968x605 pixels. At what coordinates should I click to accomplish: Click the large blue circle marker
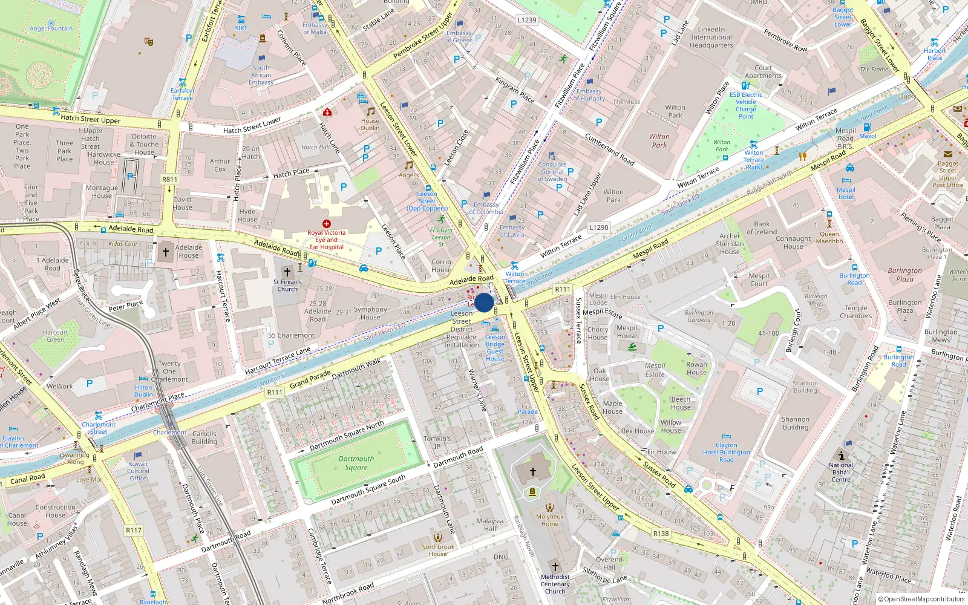(x=484, y=302)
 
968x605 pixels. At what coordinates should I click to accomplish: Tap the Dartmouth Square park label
(x=356, y=463)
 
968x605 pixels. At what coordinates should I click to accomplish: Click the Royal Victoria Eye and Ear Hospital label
(x=326, y=240)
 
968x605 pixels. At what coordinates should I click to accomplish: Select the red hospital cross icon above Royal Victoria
(x=327, y=224)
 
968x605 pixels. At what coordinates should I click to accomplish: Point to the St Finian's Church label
(x=287, y=286)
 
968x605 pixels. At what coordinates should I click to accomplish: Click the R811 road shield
(x=170, y=179)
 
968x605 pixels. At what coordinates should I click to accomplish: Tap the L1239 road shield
(x=527, y=20)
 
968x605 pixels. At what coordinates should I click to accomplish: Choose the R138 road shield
(x=661, y=534)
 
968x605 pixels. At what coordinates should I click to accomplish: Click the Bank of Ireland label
(x=762, y=228)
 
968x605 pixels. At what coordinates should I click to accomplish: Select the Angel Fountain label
(x=51, y=28)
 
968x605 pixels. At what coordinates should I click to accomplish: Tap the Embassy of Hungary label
(x=589, y=95)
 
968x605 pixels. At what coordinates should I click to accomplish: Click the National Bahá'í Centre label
(x=841, y=473)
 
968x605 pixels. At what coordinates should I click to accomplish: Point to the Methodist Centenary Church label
(x=555, y=584)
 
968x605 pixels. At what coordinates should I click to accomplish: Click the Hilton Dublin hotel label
(x=143, y=391)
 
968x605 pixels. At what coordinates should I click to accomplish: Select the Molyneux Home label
(x=549, y=520)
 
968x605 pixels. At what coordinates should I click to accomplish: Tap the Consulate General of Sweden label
(x=552, y=172)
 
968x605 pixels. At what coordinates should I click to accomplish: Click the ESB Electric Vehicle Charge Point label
(x=745, y=105)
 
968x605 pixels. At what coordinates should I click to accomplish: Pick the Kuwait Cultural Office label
(x=138, y=471)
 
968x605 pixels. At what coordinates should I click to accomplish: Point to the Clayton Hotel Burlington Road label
(x=726, y=453)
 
